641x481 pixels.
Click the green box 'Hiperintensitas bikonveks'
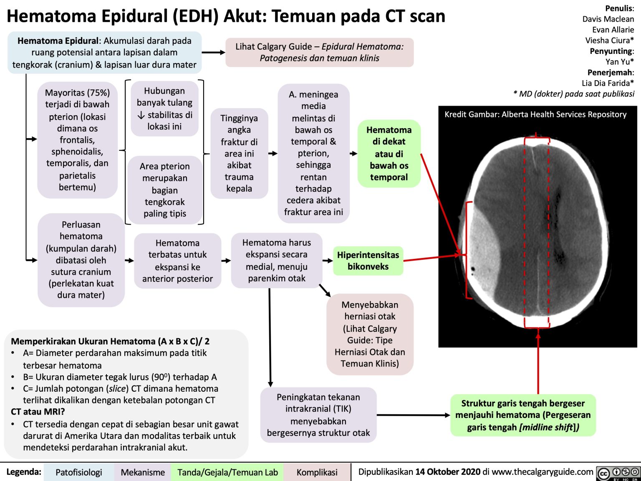368,261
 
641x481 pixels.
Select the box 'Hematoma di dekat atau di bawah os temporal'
389,154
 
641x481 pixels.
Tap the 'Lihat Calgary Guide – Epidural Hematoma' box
319,52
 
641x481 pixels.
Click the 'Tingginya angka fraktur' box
239,153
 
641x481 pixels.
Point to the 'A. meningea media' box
313,153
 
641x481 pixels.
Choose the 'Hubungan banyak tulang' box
164,109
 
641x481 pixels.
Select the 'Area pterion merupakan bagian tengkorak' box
164,190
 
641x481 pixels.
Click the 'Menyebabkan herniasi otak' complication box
370,334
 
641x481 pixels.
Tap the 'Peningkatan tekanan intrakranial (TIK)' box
318,415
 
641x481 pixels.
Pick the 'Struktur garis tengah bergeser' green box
523,415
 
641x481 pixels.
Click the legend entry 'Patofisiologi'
78,472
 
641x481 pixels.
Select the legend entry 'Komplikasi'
317,472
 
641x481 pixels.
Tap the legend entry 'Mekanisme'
142,472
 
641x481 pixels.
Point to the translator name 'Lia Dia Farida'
607,83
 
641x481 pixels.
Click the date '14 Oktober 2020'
448,472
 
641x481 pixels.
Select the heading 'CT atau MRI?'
38,412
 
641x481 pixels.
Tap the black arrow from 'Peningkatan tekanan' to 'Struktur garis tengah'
413,415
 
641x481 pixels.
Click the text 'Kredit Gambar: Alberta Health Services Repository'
535,114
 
